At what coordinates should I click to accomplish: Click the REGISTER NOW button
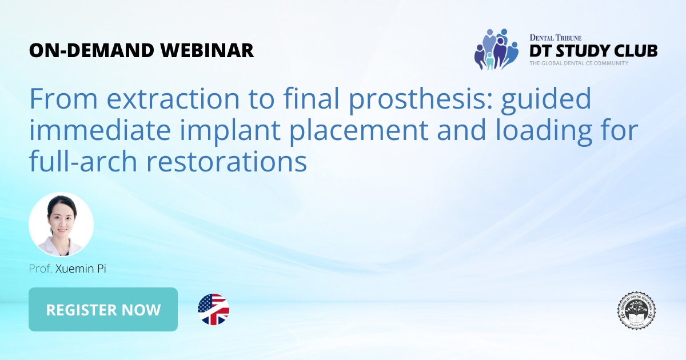coord(103,310)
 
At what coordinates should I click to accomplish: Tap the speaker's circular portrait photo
coord(61,225)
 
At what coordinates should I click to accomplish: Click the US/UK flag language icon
coord(213,310)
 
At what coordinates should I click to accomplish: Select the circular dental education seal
coord(636,310)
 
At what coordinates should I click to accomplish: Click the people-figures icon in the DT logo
coord(496,49)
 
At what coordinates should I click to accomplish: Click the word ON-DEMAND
coord(89,50)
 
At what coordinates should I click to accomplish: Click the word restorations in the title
coord(227,162)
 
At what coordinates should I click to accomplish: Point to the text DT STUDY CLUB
coord(593,50)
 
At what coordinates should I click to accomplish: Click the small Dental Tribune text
coord(555,37)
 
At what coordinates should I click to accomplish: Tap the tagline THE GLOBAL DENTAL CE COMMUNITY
coord(578,63)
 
